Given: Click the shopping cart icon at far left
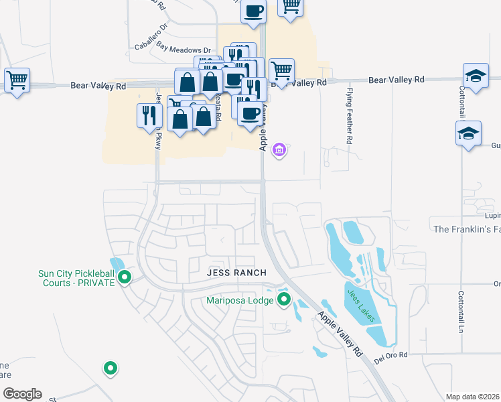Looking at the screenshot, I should coord(16,80).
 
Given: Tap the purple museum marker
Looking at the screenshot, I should coord(279,149).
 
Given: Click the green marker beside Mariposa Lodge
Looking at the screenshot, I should coord(284,299).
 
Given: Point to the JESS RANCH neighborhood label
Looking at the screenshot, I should coord(228,273).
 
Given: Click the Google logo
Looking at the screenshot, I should coord(21,394).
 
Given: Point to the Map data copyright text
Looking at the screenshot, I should coord(472,397).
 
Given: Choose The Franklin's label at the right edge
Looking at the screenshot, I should coord(467,229).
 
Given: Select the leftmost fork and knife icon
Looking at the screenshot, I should coord(149,115).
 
